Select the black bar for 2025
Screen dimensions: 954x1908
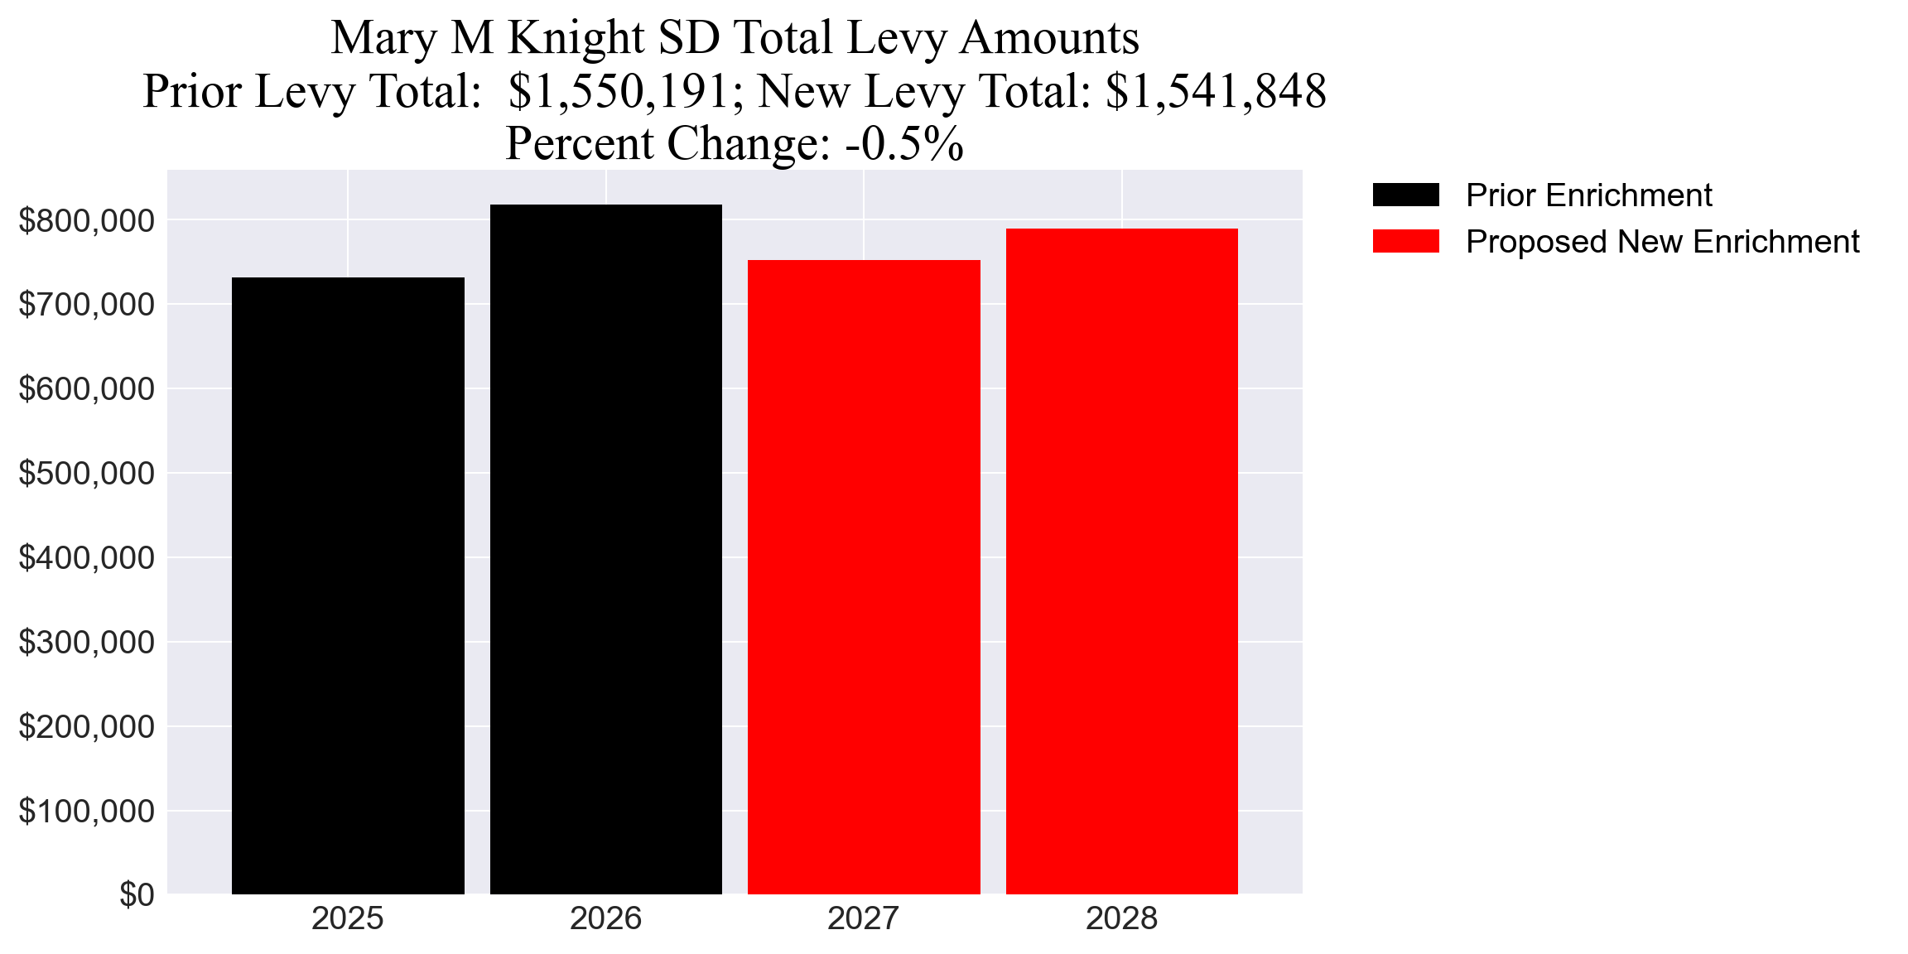(348, 585)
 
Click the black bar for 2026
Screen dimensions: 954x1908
(605, 549)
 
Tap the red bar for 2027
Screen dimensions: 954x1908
(864, 577)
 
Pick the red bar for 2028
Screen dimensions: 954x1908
(1121, 561)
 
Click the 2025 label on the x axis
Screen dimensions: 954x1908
(348, 919)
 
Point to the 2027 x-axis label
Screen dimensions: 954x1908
(864, 919)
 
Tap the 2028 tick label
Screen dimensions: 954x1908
(1121, 919)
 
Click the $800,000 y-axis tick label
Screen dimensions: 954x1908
(86, 221)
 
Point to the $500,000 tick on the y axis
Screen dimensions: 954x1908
(86, 474)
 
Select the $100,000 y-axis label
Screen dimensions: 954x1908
(86, 812)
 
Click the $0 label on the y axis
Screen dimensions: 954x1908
(137, 895)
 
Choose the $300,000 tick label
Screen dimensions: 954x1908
(86, 643)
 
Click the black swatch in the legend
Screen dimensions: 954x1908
(1405, 195)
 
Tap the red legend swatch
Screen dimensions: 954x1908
(1405, 242)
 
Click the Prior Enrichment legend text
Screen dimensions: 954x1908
(1588, 195)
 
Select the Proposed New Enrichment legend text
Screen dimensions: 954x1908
(1662, 242)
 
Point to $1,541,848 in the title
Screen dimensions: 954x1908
(1216, 91)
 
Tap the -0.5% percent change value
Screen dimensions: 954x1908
(904, 144)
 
